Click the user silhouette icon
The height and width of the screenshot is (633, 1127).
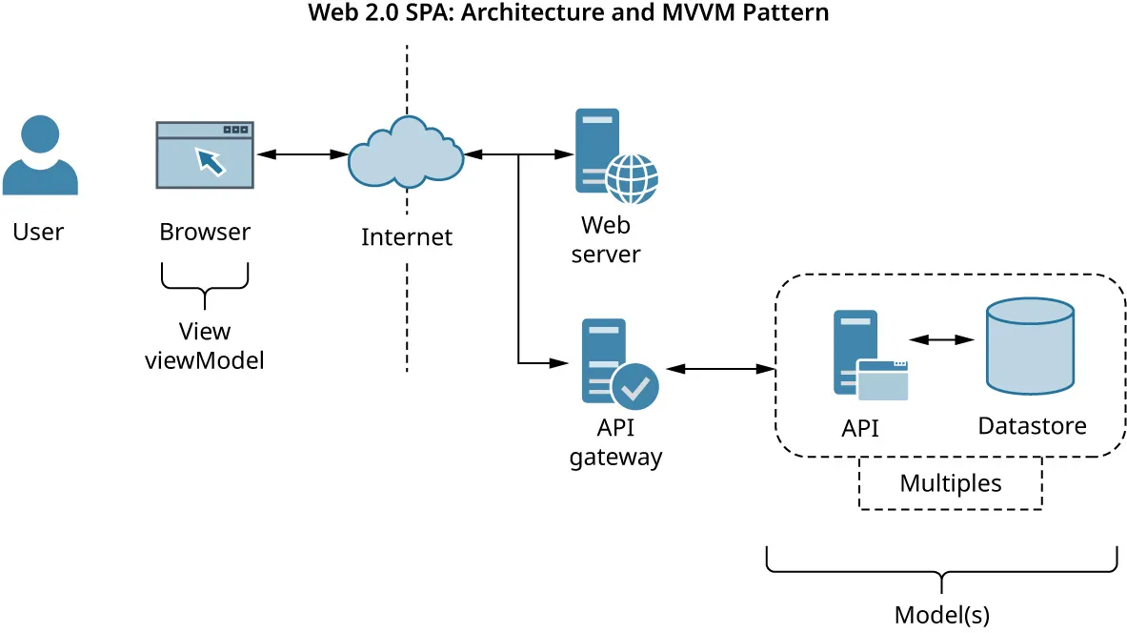(x=40, y=154)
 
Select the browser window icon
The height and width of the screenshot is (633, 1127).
(x=205, y=155)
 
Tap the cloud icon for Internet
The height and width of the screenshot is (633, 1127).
(x=405, y=155)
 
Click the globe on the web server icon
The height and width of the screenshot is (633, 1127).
(x=633, y=178)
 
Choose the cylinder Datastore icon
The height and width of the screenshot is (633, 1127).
(x=1030, y=345)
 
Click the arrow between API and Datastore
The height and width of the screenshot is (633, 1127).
(x=940, y=339)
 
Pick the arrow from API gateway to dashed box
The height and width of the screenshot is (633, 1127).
(x=720, y=368)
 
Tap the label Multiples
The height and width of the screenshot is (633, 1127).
(x=950, y=483)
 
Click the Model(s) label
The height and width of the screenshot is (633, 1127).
(x=941, y=614)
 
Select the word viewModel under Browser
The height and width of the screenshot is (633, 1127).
(x=204, y=360)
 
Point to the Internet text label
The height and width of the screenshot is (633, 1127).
(x=407, y=236)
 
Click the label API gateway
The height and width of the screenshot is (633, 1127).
(x=615, y=441)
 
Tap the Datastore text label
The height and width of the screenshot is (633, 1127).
(x=1032, y=425)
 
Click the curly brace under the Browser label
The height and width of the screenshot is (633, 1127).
(x=205, y=284)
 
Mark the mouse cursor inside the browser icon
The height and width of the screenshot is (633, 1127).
(x=211, y=161)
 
